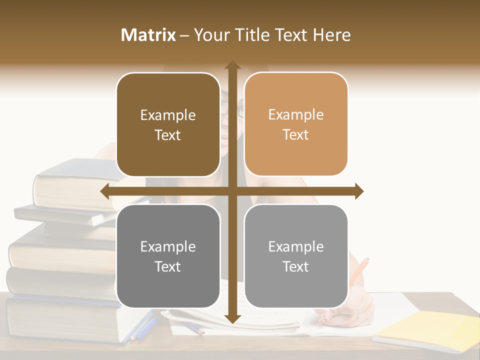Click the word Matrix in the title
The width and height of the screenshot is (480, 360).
point(148,35)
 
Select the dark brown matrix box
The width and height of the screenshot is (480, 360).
point(168,124)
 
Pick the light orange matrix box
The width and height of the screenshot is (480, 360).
point(296,124)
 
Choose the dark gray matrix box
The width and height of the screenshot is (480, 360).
point(168,256)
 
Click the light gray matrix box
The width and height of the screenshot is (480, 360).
point(296,256)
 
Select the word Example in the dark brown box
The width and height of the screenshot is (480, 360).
point(168,115)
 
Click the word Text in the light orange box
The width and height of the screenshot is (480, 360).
point(296,134)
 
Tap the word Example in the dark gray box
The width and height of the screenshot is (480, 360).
point(168,246)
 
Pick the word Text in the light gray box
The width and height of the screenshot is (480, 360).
point(296,266)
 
